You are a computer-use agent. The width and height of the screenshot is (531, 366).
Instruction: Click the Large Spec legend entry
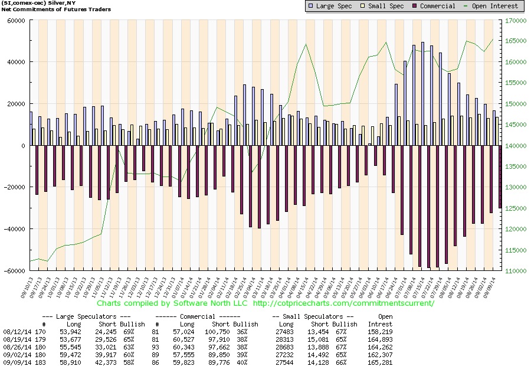point(332,6)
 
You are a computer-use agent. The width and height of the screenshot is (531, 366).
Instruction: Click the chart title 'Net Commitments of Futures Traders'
point(40,11)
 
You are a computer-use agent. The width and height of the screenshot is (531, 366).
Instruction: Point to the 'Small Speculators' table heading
point(313,317)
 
